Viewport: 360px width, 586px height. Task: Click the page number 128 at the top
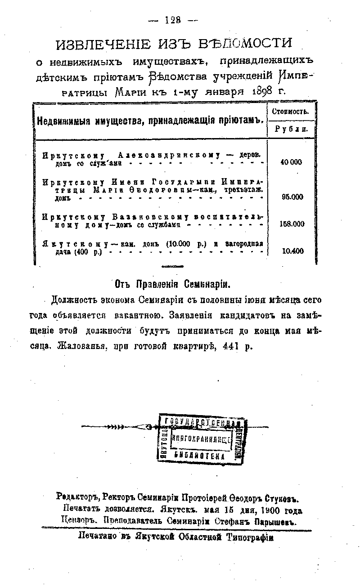click(x=173, y=20)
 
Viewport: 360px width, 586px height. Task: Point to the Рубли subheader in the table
click(x=291, y=129)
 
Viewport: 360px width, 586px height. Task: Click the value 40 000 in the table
click(x=291, y=162)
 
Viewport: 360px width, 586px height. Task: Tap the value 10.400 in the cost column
click(x=292, y=251)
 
